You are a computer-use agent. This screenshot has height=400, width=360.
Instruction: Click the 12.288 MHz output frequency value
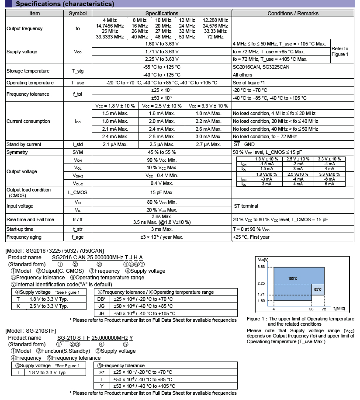215,21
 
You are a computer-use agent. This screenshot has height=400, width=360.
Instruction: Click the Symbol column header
78,14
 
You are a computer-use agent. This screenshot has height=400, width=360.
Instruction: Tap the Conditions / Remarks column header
293,14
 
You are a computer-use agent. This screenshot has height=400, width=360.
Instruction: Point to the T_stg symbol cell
78,71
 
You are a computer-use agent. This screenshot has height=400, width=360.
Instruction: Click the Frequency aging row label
24,237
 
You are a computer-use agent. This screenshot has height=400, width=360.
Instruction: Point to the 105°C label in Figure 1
292,278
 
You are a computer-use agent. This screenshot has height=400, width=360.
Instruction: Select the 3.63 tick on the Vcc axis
261,267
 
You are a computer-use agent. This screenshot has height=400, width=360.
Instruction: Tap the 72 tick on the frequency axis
324,309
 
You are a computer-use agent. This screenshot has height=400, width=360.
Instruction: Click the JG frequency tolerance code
101,306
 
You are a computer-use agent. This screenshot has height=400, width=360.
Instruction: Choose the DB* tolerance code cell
101,299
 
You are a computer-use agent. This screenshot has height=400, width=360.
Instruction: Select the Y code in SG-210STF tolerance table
101,386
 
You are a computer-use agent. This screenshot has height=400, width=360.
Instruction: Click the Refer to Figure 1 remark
340,51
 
